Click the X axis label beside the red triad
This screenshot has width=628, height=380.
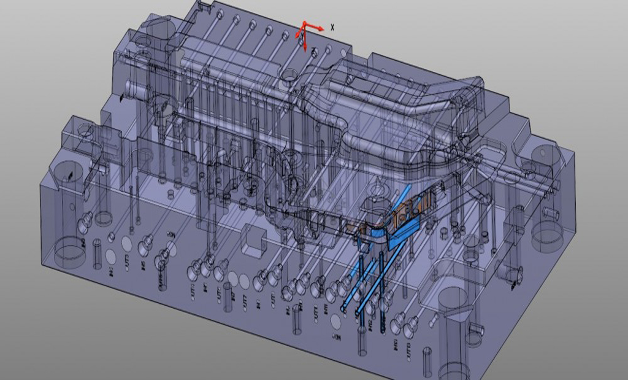[x=332, y=27]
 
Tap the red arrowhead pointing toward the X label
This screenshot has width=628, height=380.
[x=321, y=28]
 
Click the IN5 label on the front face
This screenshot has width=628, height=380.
[x=143, y=265]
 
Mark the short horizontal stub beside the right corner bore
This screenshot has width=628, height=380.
[x=550, y=214]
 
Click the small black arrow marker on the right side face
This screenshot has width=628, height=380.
[x=513, y=284]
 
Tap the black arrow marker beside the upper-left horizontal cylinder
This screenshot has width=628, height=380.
[x=123, y=97]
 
